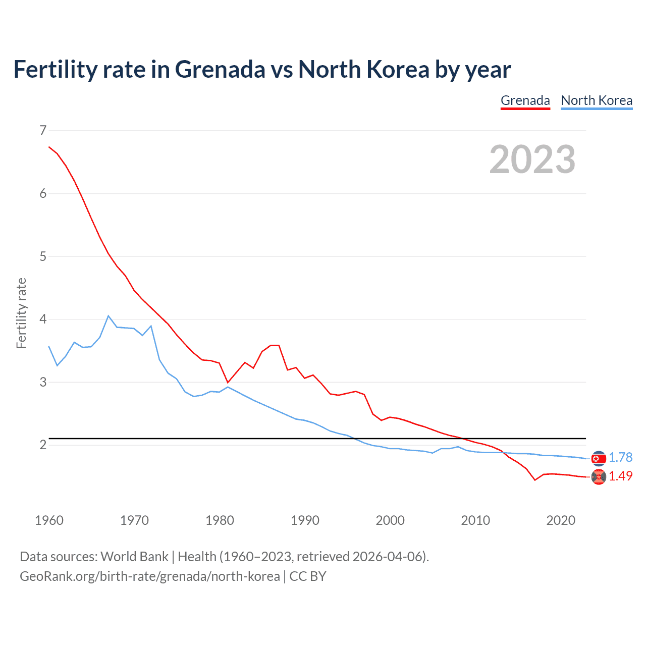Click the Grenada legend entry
click(525, 100)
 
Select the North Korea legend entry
click(597, 100)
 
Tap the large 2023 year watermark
click(532, 159)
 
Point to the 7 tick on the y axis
click(43, 131)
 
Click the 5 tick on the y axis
click(43, 256)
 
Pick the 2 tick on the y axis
click(43, 445)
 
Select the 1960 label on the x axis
click(49, 520)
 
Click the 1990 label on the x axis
click(305, 520)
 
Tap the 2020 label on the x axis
click(561, 520)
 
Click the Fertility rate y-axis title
click(21, 313)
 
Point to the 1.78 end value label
click(620, 457)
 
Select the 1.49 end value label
click(620, 476)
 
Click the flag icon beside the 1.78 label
click(599, 458)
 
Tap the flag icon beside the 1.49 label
click(599, 477)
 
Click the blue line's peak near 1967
click(109, 316)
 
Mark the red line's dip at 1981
click(228, 382)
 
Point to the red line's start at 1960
click(49, 147)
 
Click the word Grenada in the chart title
click(220, 69)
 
